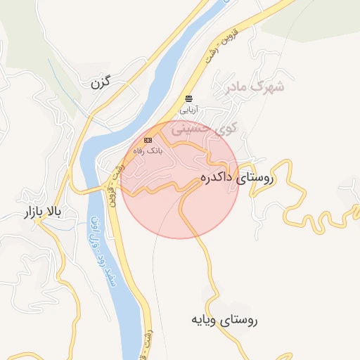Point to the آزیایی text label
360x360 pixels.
pos(188,110)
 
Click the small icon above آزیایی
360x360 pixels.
pos(188,98)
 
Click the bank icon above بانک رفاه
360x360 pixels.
pos(148,139)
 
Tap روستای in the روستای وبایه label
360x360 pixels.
pos(241,321)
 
